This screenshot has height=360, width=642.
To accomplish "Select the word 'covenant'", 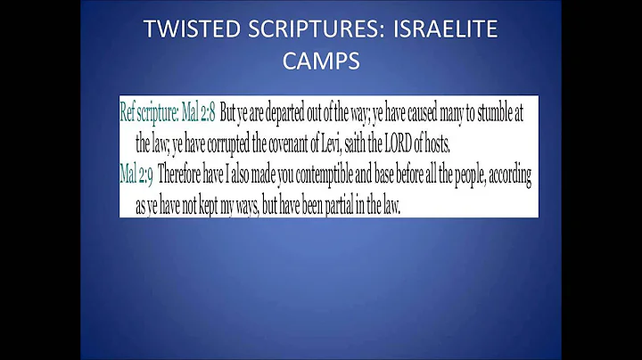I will (x=301, y=143).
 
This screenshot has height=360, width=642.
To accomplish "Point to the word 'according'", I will (x=509, y=175).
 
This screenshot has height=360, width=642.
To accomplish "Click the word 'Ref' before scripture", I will (x=129, y=112).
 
